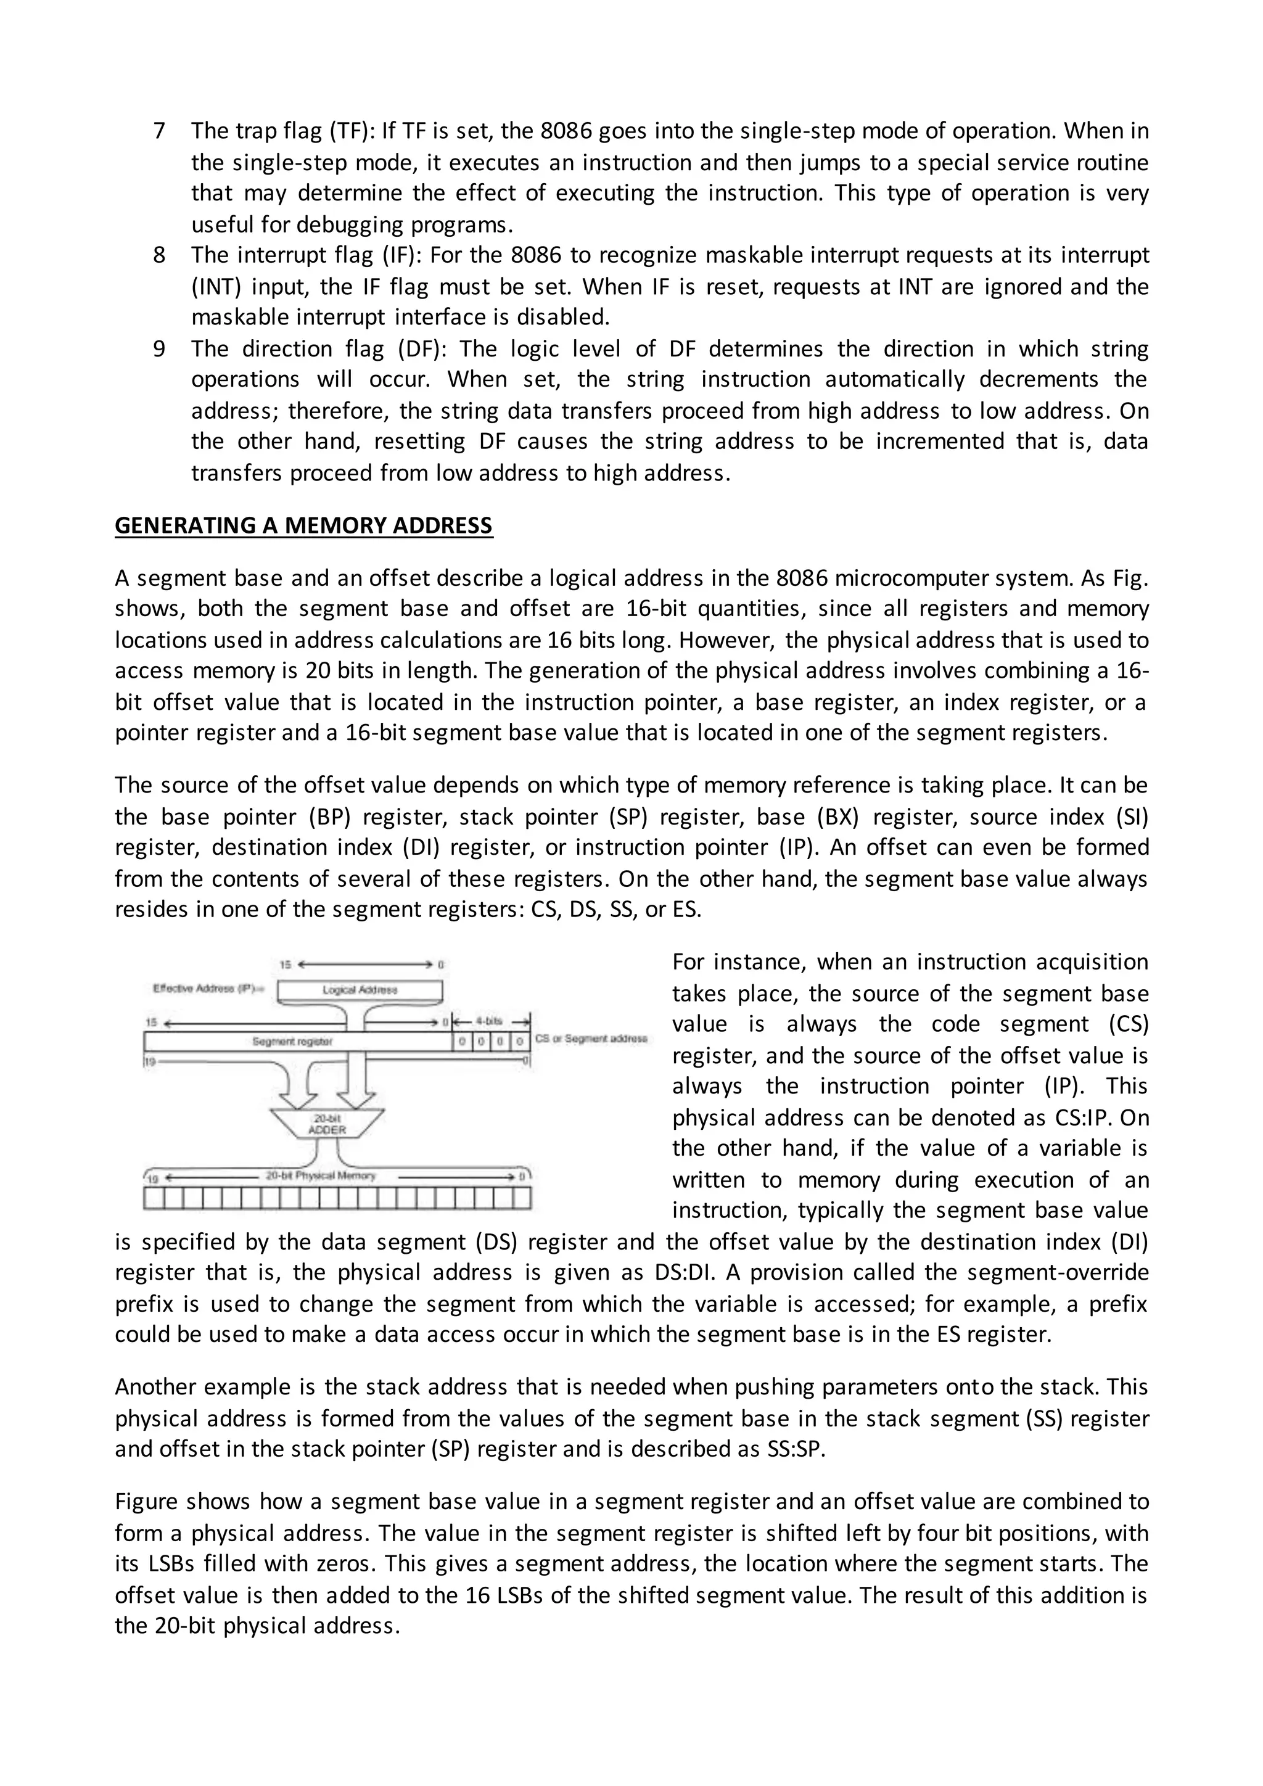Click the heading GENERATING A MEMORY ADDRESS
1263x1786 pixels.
(303, 526)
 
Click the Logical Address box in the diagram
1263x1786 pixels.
(360, 990)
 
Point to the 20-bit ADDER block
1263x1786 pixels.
(327, 1125)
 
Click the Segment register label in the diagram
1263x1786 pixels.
(293, 1041)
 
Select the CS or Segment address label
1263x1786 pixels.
(591, 1039)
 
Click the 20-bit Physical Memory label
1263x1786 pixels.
(321, 1175)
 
